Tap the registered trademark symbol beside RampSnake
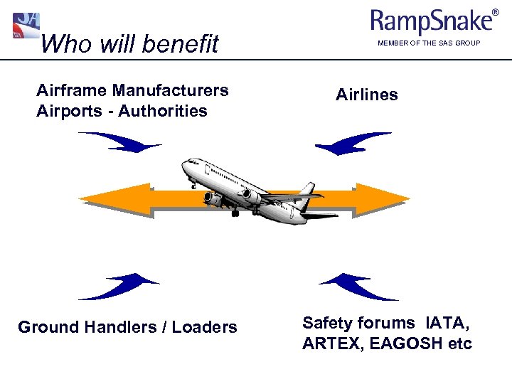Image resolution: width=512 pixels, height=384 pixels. (496, 12)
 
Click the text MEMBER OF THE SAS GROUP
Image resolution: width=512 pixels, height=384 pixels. (429, 44)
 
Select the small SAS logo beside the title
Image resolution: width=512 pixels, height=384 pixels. (26, 26)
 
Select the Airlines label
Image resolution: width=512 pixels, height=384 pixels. (367, 95)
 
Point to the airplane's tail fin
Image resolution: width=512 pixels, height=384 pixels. (307, 191)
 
